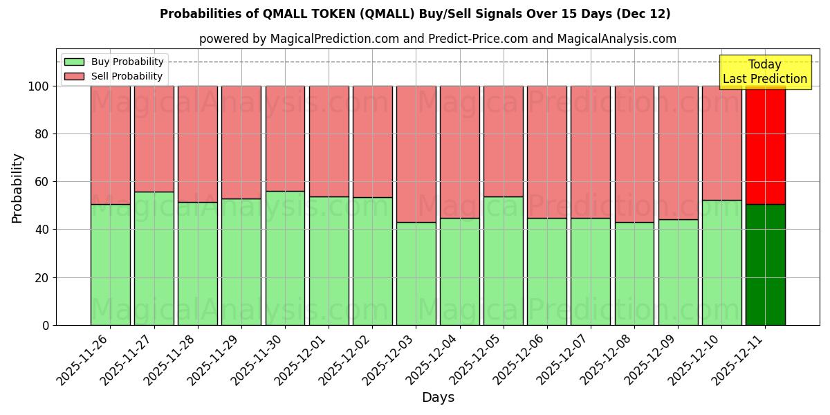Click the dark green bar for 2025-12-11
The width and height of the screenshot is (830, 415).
point(765,264)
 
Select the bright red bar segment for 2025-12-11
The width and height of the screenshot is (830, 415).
point(765,145)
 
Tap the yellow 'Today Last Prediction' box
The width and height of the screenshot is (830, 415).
point(764,72)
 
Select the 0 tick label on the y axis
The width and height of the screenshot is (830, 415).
point(46,325)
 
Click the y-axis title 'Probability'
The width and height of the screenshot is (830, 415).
point(17,188)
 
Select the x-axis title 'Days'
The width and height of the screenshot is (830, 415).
point(438,398)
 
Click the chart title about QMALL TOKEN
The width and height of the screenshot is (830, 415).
point(415,14)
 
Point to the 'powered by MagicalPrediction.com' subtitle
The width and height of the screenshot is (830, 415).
point(438,39)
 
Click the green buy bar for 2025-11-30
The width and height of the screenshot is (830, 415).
point(285,258)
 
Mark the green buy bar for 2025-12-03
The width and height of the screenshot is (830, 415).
point(416,273)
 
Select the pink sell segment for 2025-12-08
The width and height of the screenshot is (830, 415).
point(634,154)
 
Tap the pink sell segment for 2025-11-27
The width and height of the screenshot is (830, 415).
point(154,139)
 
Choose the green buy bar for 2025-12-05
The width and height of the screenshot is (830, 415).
point(503,261)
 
